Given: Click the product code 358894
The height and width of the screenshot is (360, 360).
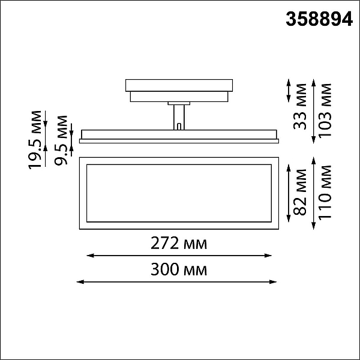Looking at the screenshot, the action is click(319, 19).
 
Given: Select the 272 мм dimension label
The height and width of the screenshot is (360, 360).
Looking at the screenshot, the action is click(179, 243).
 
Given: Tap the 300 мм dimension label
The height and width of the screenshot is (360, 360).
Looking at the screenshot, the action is click(179, 269).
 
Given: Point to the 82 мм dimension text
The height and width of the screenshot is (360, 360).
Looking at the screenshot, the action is click(300, 193).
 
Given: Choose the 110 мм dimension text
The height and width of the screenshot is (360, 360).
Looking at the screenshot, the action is click(325, 193).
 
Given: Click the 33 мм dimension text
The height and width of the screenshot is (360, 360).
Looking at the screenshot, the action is click(300, 107).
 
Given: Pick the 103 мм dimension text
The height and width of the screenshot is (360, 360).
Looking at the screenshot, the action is click(325, 110).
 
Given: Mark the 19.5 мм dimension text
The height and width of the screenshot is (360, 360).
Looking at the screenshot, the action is click(35, 140).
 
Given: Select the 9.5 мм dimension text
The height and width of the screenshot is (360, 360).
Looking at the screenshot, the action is click(61, 140).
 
